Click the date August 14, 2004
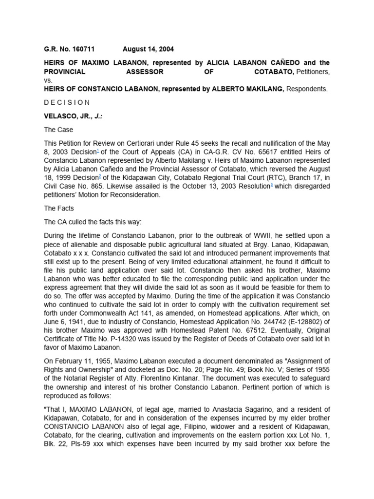(x=148, y=49)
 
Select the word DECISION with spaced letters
(x=67, y=102)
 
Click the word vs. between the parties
(x=47, y=80)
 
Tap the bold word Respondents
(x=307, y=89)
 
